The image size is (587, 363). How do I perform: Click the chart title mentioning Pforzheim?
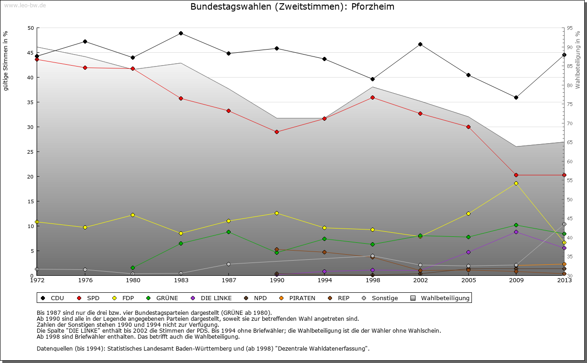point(292,7)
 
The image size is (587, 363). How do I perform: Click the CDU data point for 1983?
point(181,33)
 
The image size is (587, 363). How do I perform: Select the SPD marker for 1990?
point(277,132)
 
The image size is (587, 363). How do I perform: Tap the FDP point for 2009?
point(516,183)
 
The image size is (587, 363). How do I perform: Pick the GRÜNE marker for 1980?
point(133,268)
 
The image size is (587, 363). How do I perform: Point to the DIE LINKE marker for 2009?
point(516,232)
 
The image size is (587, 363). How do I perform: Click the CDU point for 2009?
point(516,97)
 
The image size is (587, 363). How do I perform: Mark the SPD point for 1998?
point(372,97)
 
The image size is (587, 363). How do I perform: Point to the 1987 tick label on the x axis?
point(229,280)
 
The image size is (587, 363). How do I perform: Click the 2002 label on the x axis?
point(420,280)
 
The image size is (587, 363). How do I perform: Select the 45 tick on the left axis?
point(31,53)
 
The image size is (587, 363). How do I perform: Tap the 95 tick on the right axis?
point(570,28)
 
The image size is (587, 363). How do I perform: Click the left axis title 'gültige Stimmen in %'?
point(6,61)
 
